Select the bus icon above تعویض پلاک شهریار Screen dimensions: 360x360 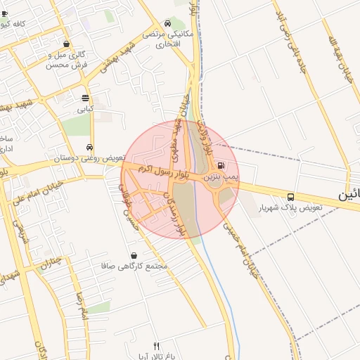[x=290, y=197]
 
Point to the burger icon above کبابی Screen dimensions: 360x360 [x=85, y=98]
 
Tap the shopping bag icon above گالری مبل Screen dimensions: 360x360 [x=66, y=44]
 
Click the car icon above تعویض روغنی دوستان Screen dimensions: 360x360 [x=89, y=148]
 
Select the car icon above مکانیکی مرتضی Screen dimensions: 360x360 [x=167, y=22]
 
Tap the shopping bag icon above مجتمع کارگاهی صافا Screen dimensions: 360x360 [x=134, y=255]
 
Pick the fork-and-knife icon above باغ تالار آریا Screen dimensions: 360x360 [x=157, y=346]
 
